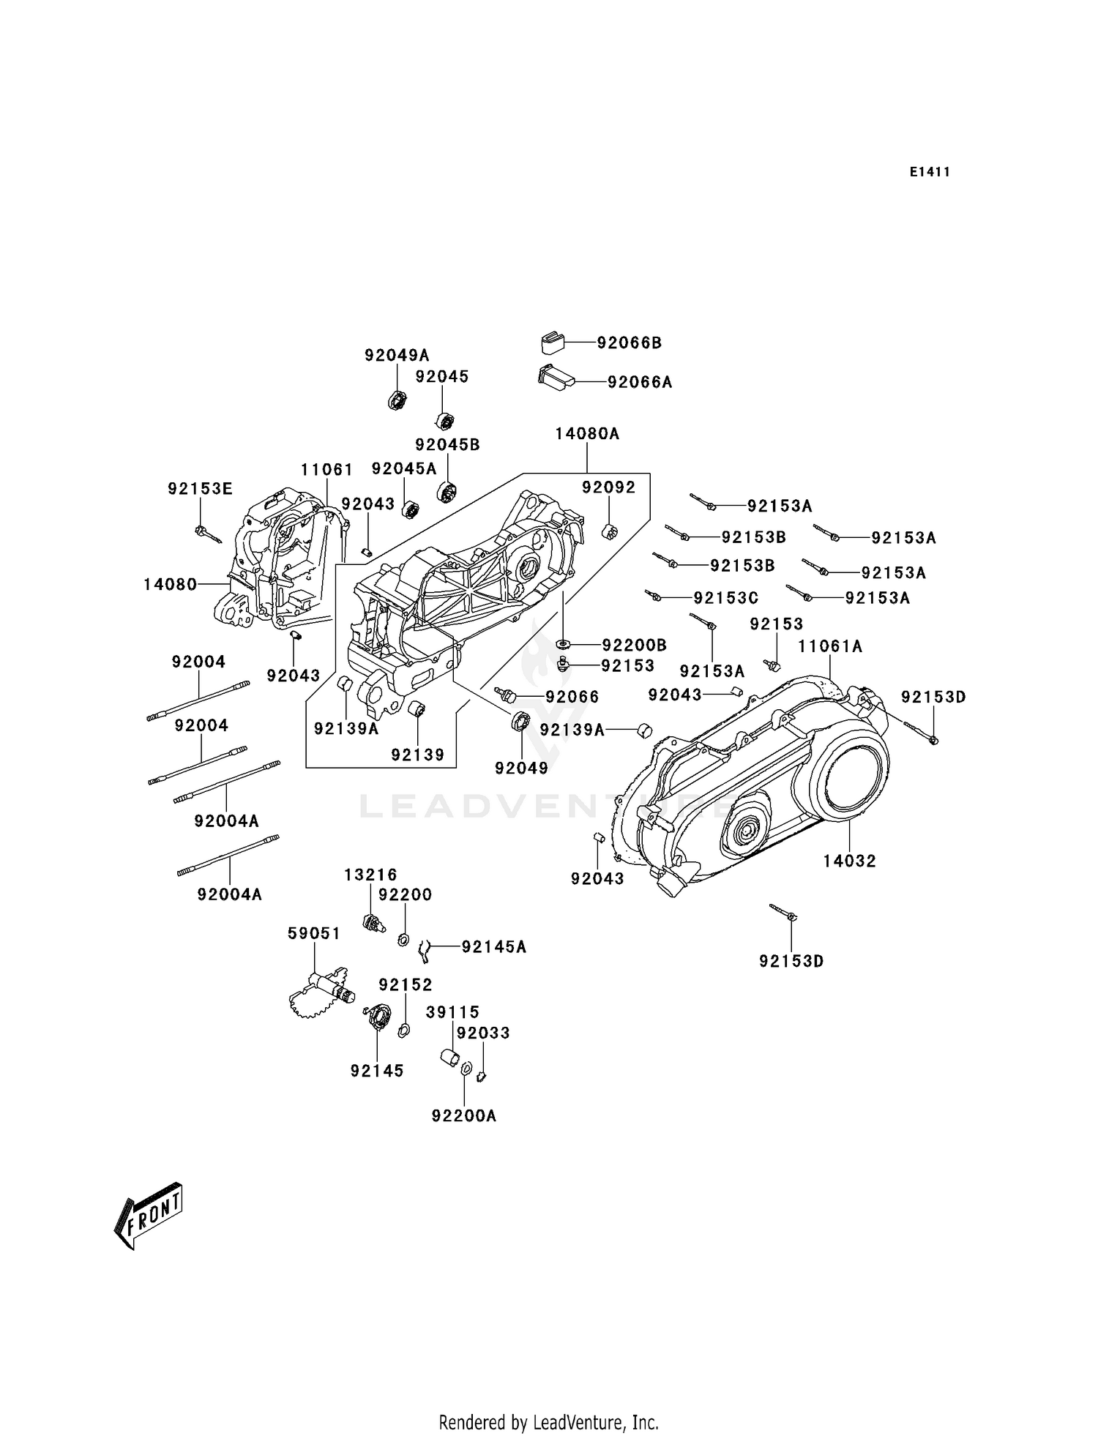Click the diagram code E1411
930,172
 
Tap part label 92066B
629,343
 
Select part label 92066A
639,382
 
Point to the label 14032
849,861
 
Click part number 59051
314,933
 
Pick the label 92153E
200,489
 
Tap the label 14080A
587,433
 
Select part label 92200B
634,645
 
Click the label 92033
483,1033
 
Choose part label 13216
371,875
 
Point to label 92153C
725,598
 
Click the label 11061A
830,646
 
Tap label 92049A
397,355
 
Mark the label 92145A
493,947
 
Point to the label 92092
608,487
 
